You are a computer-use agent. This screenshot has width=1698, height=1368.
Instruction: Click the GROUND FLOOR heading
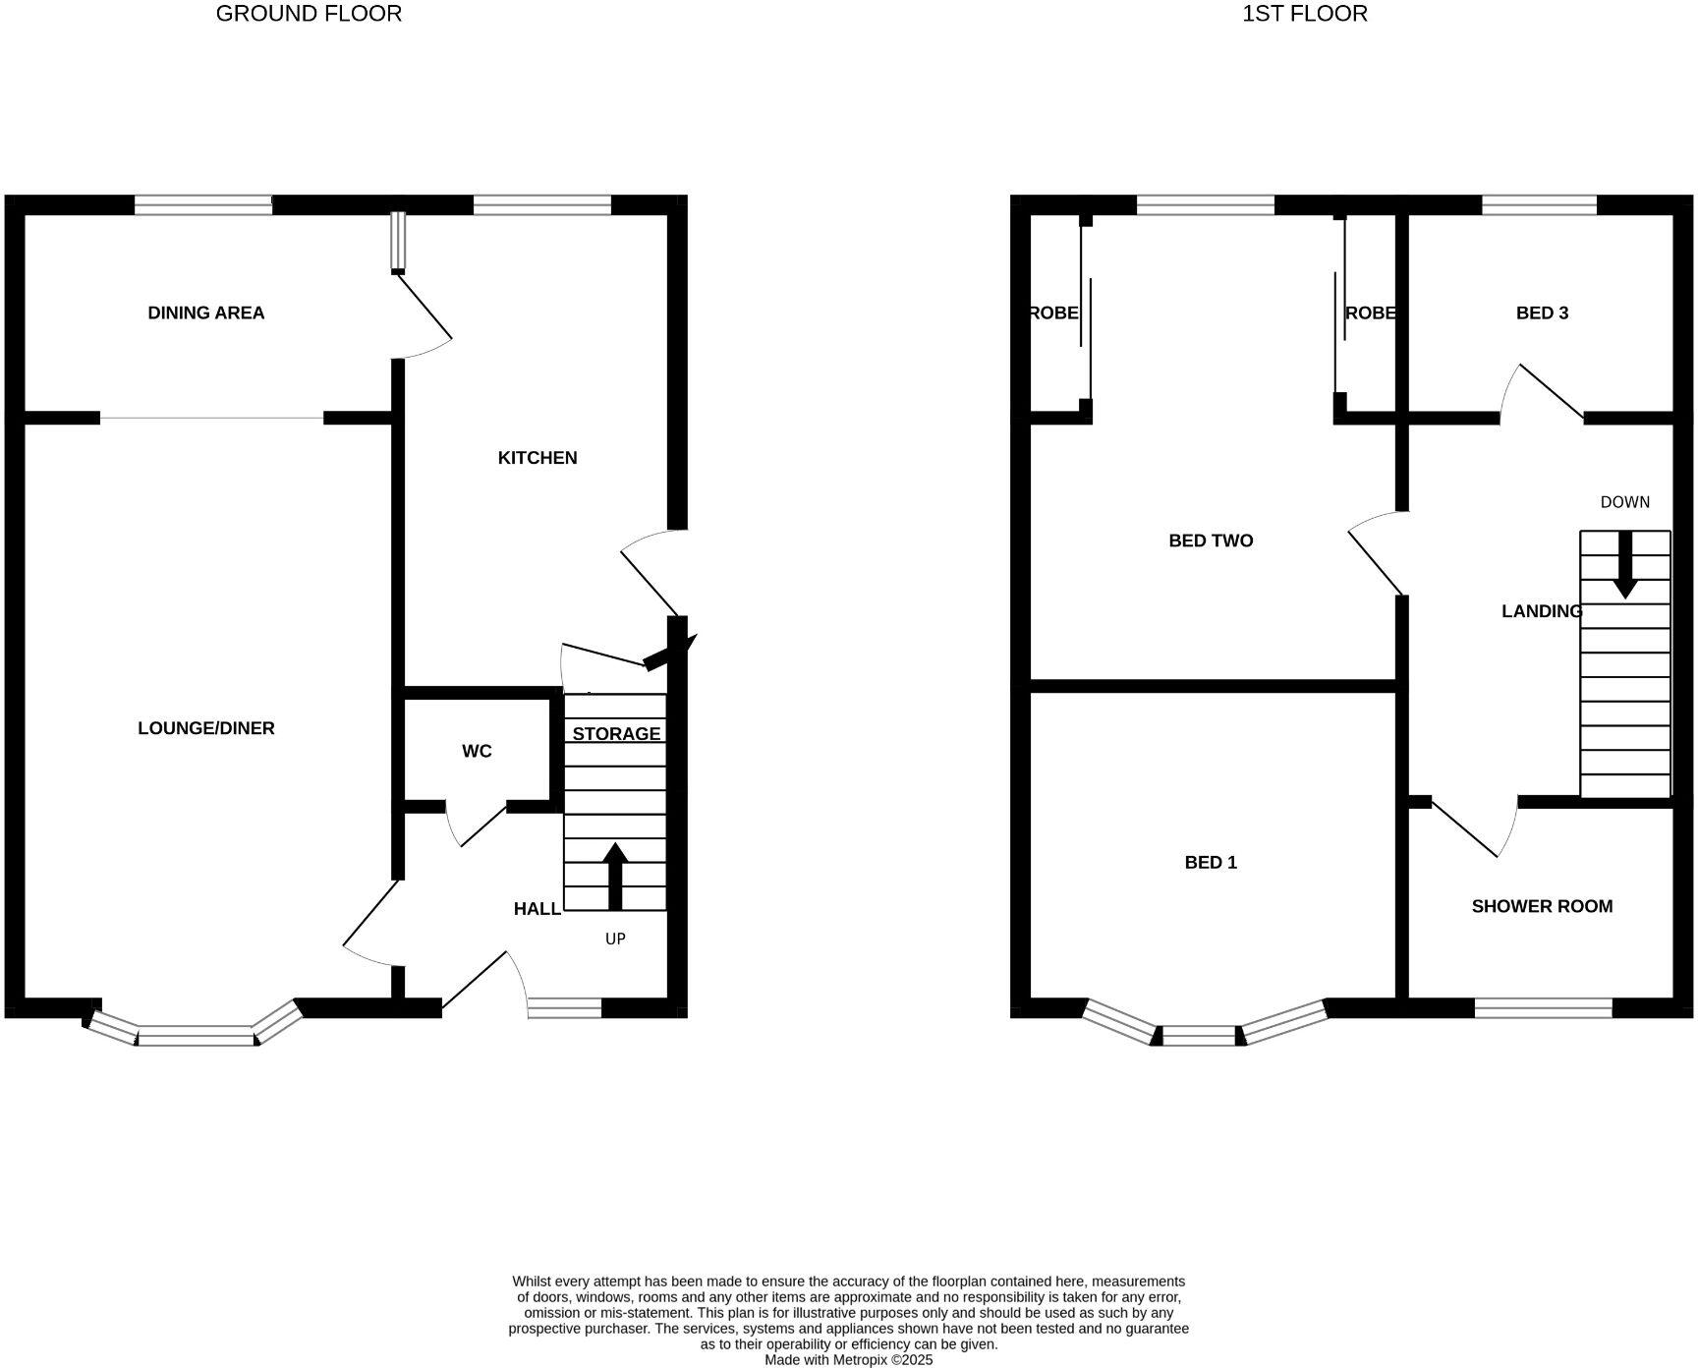coord(309,14)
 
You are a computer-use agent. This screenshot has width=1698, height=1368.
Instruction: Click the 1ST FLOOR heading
coord(1304,14)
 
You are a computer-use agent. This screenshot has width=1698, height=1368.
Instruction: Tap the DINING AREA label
coord(205,313)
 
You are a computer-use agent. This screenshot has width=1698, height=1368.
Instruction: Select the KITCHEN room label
coord(538,458)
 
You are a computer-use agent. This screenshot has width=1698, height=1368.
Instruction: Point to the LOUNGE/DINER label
coord(205,728)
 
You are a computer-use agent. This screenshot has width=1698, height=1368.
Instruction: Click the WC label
coord(477,752)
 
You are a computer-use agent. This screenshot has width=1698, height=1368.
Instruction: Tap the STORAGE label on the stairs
coord(616,734)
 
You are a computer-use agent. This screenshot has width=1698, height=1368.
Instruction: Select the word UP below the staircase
coord(615,940)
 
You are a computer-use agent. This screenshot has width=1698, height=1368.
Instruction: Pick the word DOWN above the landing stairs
coord(1624,502)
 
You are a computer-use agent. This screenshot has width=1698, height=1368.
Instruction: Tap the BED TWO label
coord(1211,541)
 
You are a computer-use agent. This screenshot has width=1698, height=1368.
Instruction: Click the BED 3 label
coord(1542,313)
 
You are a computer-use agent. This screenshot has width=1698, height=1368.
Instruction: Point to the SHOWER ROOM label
coord(1542,906)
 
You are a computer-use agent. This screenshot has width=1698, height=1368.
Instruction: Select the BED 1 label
coord(1211,863)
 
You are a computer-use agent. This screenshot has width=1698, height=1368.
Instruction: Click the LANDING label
coord(1541,611)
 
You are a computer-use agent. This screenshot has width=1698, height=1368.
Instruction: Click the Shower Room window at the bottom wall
coord(1543,1007)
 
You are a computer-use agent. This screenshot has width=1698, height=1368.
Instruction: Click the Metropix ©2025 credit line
coord(848,1360)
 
